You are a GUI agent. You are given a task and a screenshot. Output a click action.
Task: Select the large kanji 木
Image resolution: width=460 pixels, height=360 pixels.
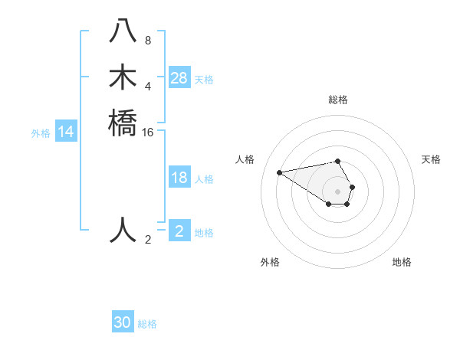click(x=123, y=78)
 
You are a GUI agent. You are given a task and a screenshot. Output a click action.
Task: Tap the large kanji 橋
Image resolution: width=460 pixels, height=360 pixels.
click(x=123, y=123)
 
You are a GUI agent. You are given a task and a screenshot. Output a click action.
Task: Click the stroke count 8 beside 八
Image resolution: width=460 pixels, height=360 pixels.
click(x=148, y=41)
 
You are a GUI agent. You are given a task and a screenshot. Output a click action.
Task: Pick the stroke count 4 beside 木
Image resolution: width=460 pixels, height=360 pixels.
click(x=148, y=86)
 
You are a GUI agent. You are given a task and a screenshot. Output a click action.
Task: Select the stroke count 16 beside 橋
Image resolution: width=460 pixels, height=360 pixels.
click(x=148, y=132)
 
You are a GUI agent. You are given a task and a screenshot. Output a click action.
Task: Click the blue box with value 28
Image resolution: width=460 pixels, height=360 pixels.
click(x=179, y=77)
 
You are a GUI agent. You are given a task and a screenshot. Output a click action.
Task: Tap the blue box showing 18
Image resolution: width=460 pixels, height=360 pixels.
click(x=179, y=178)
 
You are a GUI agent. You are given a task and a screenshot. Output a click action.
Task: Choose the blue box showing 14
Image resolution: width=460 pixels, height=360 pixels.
click(x=66, y=133)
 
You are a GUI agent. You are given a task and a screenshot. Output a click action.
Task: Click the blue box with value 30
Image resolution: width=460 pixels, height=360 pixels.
click(x=123, y=322)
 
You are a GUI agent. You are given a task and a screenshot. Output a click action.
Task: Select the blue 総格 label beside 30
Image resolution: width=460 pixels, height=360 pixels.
click(x=147, y=324)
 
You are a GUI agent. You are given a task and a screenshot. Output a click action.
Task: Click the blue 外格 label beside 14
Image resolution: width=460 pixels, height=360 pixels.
click(x=41, y=133)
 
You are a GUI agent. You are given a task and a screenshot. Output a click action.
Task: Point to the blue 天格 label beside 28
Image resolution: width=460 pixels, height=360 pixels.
click(x=204, y=79)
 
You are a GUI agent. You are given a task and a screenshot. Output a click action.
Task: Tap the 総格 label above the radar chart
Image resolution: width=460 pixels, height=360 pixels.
click(x=338, y=100)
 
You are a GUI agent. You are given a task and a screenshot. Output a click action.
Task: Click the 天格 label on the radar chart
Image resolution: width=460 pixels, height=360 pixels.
click(x=431, y=159)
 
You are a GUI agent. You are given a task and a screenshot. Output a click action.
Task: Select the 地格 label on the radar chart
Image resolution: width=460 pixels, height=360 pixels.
click(x=402, y=262)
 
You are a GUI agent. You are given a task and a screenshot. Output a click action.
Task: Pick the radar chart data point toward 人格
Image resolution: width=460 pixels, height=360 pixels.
click(x=279, y=172)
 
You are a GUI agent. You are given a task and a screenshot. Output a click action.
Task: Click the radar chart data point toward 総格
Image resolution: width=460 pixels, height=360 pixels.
click(x=338, y=161)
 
